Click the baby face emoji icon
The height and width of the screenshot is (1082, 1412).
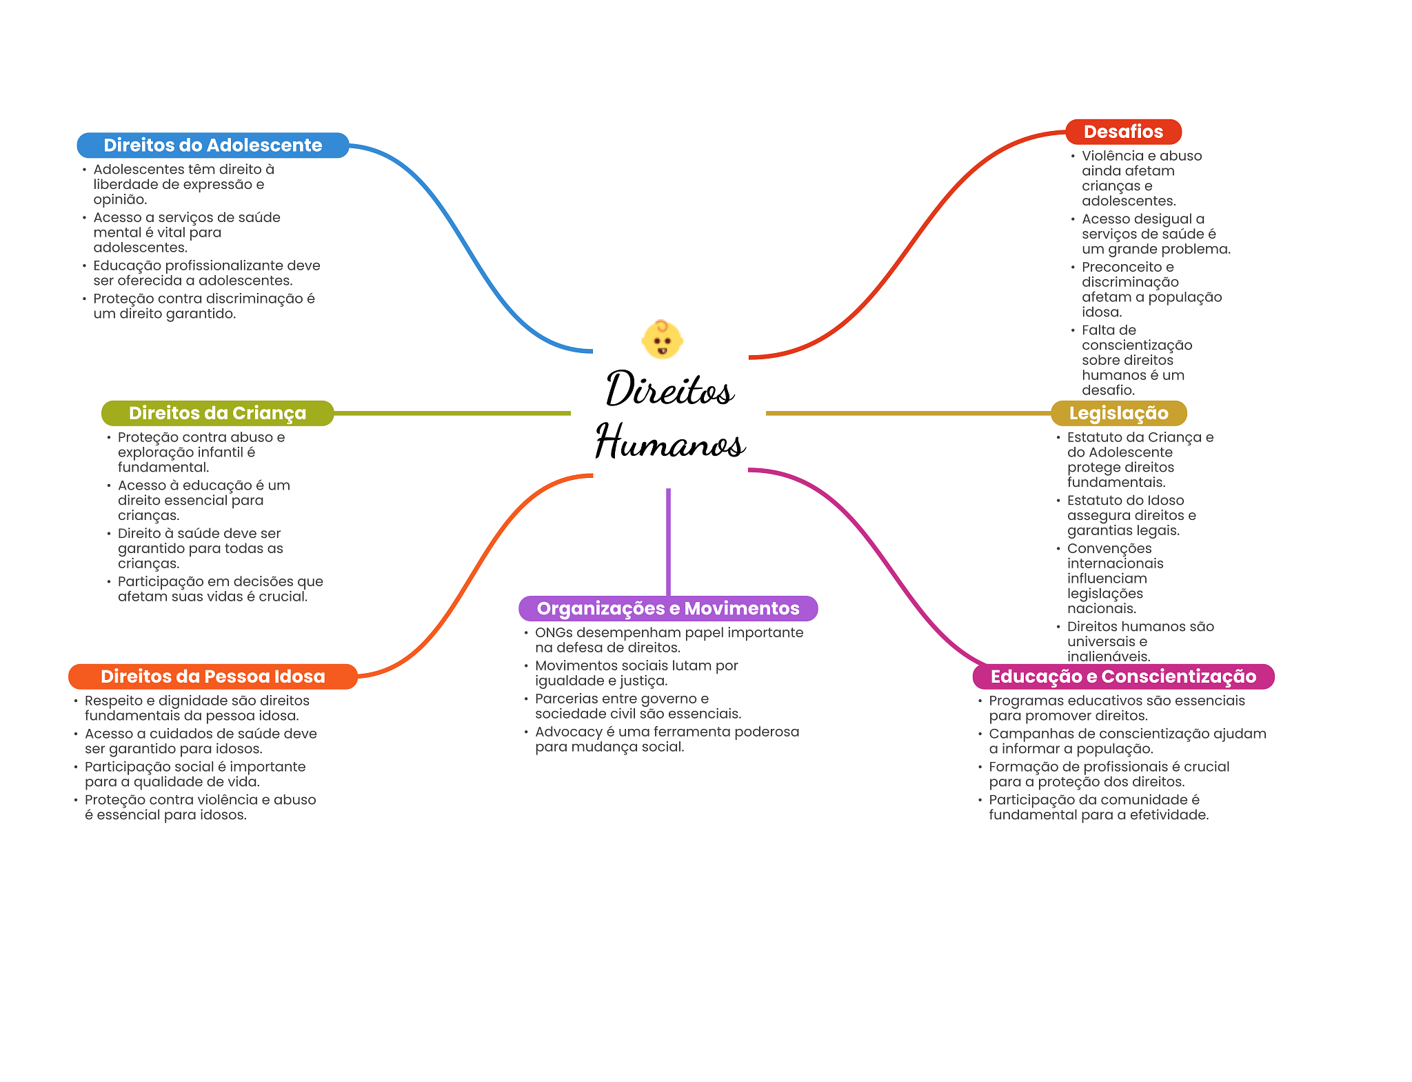click(x=662, y=339)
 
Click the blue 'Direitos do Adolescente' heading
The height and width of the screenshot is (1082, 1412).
click(x=212, y=146)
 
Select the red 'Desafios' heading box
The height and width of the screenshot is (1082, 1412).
click(x=1122, y=132)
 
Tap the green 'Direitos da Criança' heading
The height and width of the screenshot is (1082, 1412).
click(x=217, y=413)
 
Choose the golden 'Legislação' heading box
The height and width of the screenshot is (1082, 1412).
click(x=1118, y=413)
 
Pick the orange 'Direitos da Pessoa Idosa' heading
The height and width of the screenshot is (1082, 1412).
click(x=212, y=677)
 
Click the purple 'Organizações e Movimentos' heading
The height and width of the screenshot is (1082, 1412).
click(x=667, y=608)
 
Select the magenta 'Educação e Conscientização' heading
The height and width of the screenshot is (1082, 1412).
click(x=1122, y=677)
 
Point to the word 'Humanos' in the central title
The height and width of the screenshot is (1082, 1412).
click(x=670, y=442)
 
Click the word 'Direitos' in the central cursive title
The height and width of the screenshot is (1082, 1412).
click(x=669, y=389)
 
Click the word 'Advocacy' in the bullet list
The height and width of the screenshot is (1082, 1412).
click(x=569, y=732)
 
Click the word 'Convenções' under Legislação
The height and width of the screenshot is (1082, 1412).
click(x=1109, y=548)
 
